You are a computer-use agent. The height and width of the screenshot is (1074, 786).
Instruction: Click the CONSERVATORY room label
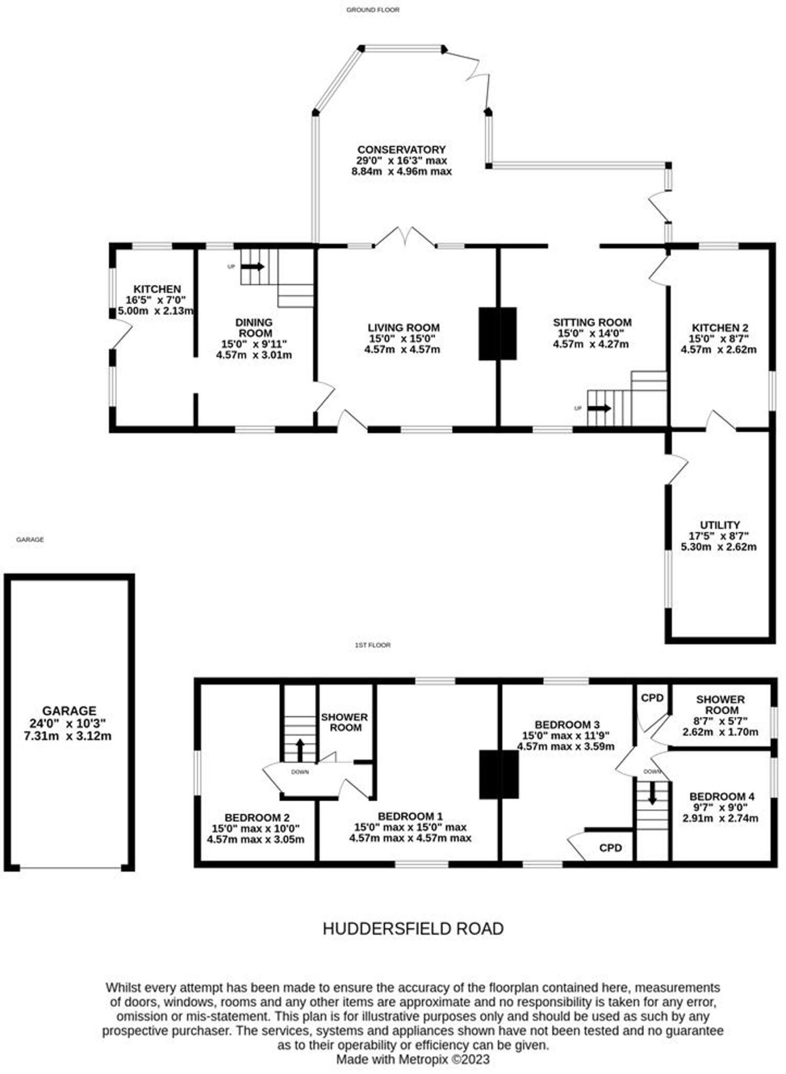coord(401,149)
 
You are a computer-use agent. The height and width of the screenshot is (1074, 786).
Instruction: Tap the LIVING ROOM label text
coord(403,328)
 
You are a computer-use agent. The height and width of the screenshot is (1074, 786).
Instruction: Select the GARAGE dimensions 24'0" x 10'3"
coord(68,723)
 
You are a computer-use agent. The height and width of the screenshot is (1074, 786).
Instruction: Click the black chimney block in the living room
coord(497,334)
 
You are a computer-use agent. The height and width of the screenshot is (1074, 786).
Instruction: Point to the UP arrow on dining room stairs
coord(253,266)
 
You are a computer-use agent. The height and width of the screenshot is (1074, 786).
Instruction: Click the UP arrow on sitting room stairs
coord(599,409)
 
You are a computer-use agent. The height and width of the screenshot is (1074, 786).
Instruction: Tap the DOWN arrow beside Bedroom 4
coord(652,793)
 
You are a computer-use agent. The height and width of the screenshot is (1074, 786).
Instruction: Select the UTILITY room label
coord(719,525)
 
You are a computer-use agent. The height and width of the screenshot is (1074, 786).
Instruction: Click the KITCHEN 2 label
coord(719,328)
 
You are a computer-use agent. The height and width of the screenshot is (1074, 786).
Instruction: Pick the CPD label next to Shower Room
coord(652,697)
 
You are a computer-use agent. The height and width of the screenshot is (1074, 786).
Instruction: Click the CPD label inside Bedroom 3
coord(610,847)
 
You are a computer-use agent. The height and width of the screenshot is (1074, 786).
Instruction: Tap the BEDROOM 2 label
coord(257,818)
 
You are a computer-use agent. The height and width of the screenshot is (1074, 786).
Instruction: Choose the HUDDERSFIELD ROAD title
coord(413,929)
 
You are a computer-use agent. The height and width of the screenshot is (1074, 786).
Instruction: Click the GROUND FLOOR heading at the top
coord(373,9)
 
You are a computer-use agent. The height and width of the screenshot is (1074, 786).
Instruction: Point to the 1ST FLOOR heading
coord(373,645)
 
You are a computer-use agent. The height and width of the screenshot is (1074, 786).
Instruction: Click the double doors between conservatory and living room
coord(405,237)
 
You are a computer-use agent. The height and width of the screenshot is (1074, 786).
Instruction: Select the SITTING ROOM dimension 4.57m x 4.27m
coord(591,345)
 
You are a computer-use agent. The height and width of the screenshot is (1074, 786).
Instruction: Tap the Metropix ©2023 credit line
coord(413,1059)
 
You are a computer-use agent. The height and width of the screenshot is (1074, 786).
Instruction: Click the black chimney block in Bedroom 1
coord(499,775)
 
